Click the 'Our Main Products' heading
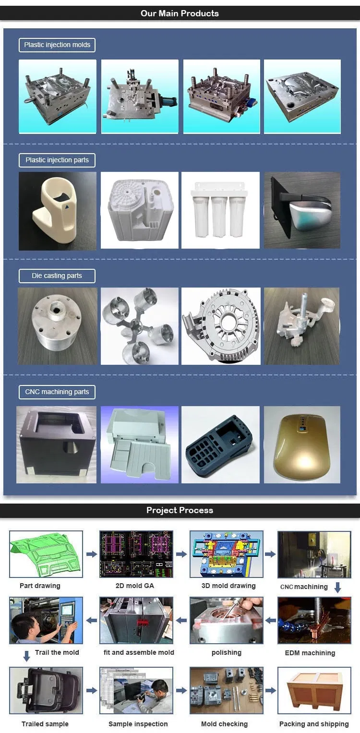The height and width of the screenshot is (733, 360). coord(180,13)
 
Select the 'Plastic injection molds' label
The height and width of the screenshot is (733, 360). coord(57,45)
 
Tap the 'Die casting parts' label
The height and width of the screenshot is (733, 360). coord(57,276)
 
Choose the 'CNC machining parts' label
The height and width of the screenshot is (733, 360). coord(57,392)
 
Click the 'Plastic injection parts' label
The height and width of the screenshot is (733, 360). coord(57,160)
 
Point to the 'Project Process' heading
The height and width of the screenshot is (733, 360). coord(180,510)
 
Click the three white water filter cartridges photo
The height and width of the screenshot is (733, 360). coord(220,210)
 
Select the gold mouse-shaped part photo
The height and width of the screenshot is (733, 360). coord(302,445)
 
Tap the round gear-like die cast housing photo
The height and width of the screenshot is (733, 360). coord(221,326)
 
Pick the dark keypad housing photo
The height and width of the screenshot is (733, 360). coord(221,445)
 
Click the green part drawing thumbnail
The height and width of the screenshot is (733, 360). coord(46,554)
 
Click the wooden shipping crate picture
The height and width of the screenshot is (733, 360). coord(314,691)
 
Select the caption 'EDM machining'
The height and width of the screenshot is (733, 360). coord(310,653)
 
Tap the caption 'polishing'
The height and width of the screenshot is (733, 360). coord(227,653)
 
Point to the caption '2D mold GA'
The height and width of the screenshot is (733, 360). coord(135,586)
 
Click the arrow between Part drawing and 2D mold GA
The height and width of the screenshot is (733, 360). coord(91,554)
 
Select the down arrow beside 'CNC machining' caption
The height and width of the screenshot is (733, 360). coord(337,588)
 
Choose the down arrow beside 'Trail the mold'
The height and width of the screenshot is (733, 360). coord(27,655)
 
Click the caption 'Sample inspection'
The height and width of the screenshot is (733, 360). coord(138,724)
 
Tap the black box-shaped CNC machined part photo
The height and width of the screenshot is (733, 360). coord(57,445)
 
